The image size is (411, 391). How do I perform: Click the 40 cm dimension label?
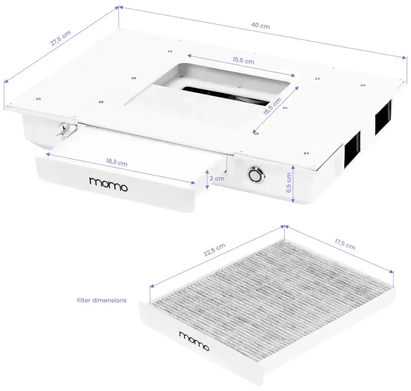(261, 26)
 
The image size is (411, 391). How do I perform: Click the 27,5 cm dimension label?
(61, 38)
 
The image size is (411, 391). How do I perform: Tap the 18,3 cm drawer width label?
(116, 162)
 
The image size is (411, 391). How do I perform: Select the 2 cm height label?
(218, 179)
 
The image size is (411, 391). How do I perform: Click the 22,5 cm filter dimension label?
(214, 250)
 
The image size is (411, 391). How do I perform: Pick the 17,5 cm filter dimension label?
(345, 244)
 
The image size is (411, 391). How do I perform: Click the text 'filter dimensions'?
(101, 300)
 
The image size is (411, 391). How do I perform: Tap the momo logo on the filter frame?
(194, 341)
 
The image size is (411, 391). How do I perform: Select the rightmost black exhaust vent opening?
(383, 117)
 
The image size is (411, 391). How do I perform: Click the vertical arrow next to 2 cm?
(207, 179)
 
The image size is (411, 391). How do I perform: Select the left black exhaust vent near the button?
(352, 148)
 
